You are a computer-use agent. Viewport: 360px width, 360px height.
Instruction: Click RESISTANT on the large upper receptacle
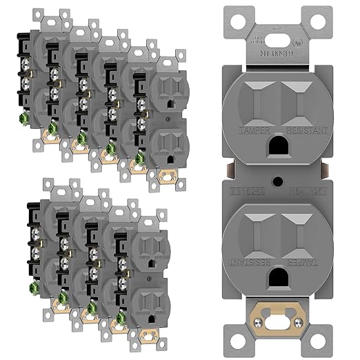pyautogui.click(x=308, y=129)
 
